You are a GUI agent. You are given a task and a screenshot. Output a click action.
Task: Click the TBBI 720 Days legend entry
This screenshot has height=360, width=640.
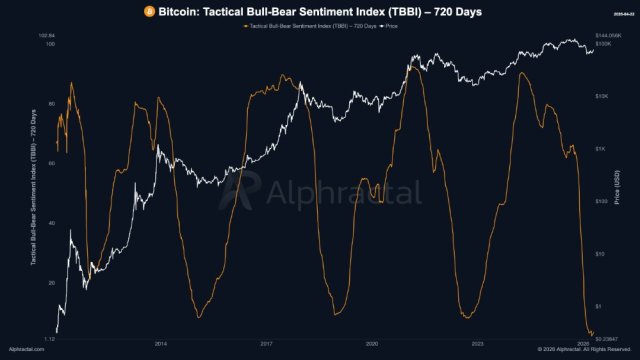pyautogui.click(x=311, y=24)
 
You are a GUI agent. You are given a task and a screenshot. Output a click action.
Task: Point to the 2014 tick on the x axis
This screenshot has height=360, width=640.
pyautogui.click(x=161, y=342)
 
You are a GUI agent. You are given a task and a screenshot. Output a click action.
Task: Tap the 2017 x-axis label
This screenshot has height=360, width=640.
pyautogui.click(x=266, y=342)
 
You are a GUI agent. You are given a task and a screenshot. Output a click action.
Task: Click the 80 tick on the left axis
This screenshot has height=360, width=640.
pyautogui.click(x=50, y=105)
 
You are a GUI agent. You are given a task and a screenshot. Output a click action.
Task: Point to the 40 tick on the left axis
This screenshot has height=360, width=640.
pyautogui.click(x=50, y=223)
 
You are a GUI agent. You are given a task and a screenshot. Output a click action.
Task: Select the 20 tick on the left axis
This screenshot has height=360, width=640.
pyautogui.click(x=50, y=283)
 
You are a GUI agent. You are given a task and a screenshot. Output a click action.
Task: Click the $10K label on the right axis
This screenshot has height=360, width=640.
pyautogui.click(x=603, y=97)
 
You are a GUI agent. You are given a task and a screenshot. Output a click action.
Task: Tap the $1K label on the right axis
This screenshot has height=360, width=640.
pyautogui.click(x=601, y=149)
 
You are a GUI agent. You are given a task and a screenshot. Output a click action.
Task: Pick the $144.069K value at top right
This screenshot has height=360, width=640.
pyautogui.click(x=609, y=37)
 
